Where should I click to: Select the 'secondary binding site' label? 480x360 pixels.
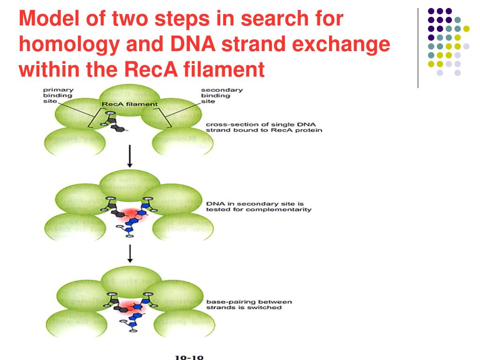click(216, 95)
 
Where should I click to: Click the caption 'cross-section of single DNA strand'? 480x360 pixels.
click(264, 127)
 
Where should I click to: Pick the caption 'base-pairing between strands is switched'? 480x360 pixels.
click(249, 305)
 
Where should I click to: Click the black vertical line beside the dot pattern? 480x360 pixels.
click(417, 47)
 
